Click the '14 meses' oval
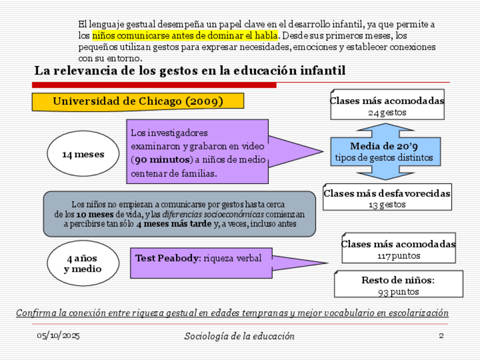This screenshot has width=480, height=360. pos(83,154)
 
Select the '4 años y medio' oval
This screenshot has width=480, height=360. pos(83,264)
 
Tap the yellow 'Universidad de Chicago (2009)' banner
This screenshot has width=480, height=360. pos(138,101)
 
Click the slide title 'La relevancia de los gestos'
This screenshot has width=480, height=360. pos(190,71)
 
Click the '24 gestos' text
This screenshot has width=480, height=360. pos(387,112)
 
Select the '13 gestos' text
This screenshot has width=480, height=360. pos(387,204)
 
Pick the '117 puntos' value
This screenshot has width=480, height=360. pos(398,255)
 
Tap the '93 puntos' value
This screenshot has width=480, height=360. pos(398,292)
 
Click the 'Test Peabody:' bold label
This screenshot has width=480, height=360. pos(168,258)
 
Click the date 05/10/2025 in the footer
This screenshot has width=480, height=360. pos(58,336)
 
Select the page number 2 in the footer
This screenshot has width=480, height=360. pos(441,336)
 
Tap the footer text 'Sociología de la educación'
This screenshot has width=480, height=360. pos(239,336)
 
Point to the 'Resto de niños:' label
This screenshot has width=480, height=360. pos(398,280)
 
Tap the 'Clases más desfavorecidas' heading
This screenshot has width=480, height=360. pos(387,193)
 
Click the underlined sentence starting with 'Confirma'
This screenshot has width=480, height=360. pos(232,313)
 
